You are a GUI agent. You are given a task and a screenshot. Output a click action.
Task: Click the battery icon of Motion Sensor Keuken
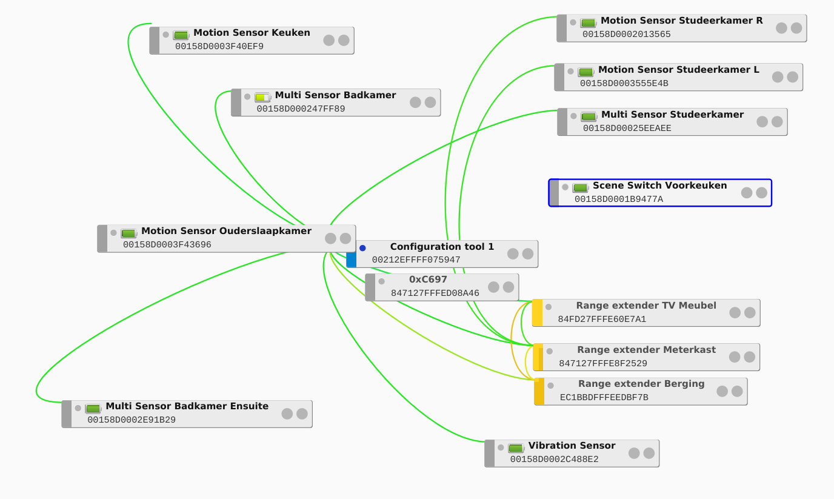181,35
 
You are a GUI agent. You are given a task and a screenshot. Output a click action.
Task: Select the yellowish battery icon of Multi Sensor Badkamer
262,97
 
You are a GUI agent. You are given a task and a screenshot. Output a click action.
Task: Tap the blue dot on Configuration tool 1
362,248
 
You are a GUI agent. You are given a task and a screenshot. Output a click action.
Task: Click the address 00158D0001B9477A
618,199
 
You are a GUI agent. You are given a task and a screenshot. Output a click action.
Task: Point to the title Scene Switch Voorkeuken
659,186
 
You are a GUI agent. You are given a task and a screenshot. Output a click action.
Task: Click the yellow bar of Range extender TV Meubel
537,313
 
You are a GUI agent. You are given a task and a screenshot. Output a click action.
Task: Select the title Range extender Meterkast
646,350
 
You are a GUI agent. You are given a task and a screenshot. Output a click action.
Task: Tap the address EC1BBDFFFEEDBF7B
604,398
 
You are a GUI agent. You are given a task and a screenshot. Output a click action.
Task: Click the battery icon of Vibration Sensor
516,448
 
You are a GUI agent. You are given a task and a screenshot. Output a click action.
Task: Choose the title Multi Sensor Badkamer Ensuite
187,406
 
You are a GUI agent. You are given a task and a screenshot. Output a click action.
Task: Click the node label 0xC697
428,280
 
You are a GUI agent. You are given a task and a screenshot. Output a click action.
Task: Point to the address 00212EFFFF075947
416,260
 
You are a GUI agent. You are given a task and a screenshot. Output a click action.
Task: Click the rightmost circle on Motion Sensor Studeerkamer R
796,28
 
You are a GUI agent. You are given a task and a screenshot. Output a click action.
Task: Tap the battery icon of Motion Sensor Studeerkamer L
585,72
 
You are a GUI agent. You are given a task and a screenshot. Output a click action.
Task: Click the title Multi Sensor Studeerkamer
672,115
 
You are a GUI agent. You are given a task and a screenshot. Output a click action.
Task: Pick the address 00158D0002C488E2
554,460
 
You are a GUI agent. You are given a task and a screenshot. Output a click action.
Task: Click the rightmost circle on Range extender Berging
737,391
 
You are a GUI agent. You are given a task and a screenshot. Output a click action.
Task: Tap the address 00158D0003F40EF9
219,46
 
